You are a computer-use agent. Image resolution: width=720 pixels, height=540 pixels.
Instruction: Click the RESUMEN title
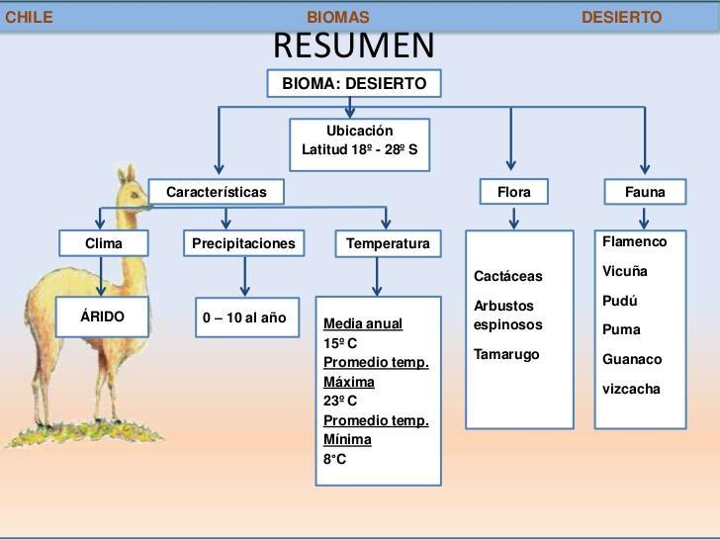coord(353,45)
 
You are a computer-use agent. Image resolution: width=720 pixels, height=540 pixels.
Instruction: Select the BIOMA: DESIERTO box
coord(354,84)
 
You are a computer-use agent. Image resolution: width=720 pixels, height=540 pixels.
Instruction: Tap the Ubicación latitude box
coord(360,141)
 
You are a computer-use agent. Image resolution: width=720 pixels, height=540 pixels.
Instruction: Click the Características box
coord(217,192)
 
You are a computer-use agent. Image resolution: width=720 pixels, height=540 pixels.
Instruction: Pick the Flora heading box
coord(514,192)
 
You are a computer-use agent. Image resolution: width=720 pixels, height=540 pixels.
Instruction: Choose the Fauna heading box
coord(645,192)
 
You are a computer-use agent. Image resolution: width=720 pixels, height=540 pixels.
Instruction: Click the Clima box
coord(104,243)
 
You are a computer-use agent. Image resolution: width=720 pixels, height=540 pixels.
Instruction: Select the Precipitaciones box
coord(242,243)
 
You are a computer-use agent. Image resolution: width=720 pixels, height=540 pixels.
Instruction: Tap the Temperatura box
coord(388,243)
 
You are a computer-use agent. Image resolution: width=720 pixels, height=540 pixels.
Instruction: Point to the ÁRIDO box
coord(103,317)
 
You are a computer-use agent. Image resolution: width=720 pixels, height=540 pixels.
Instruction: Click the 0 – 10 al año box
coord(244,317)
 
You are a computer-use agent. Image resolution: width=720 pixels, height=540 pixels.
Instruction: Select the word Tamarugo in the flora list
coord(506,355)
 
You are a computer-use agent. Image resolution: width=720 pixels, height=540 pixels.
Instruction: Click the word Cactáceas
coord(508,277)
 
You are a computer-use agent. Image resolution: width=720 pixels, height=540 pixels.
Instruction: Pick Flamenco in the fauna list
coord(635,242)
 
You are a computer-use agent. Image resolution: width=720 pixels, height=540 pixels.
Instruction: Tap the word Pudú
coord(620,301)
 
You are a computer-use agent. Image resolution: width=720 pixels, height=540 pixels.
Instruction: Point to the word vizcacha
coord(631,389)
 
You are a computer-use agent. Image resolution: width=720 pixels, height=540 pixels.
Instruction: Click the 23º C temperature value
coord(340,402)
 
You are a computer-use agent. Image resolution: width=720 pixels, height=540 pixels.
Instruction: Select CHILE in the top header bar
coord(29,17)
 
